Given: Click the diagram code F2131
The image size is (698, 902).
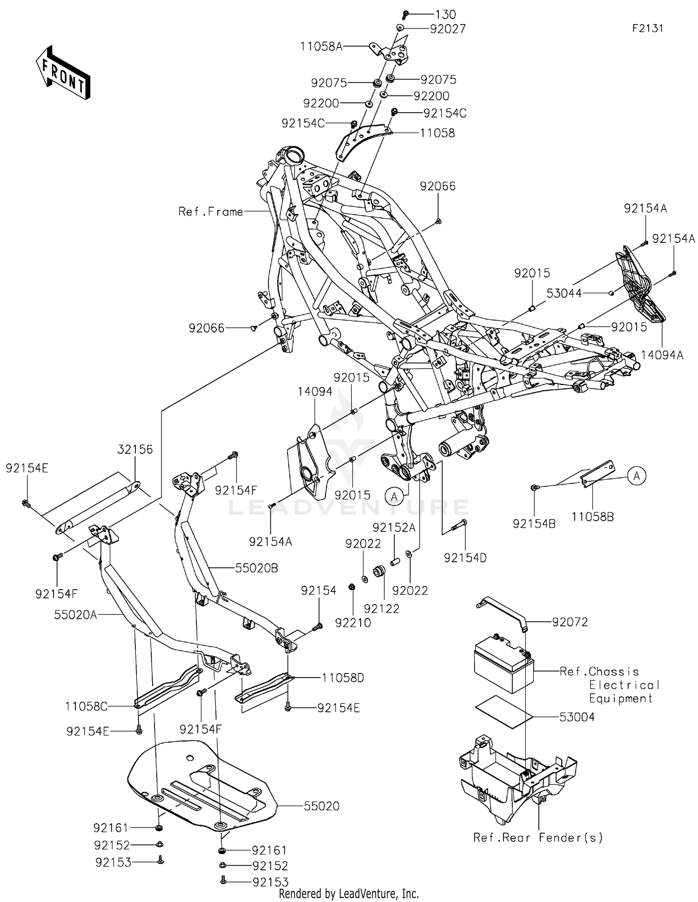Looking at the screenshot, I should click(x=647, y=28).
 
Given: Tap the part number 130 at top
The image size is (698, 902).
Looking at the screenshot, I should click(x=446, y=14).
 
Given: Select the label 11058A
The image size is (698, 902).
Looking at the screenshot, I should click(x=321, y=46).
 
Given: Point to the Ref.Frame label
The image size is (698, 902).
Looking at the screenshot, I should click(x=211, y=212).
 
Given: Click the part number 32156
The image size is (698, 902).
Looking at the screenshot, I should click(x=135, y=449).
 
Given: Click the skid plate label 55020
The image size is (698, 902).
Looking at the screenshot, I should click(x=322, y=806).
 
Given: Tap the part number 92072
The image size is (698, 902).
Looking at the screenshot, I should click(x=570, y=622).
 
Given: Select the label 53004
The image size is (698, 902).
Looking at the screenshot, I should click(x=577, y=717).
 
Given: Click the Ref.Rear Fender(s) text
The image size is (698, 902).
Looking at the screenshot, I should click(x=538, y=837).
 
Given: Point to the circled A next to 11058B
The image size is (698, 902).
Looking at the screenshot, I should click(x=637, y=476).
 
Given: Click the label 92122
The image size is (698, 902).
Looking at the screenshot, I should click(x=382, y=608).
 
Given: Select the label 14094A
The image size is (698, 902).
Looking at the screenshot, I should click(x=662, y=355).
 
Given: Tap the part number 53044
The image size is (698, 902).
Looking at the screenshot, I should click(x=564, y=293).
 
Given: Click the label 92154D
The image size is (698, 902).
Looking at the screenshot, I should click(x=465, y=558).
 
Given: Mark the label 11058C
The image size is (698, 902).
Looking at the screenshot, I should click(x=87, y=707).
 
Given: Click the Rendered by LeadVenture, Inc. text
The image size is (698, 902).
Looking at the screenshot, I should click(x=349, y=894).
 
